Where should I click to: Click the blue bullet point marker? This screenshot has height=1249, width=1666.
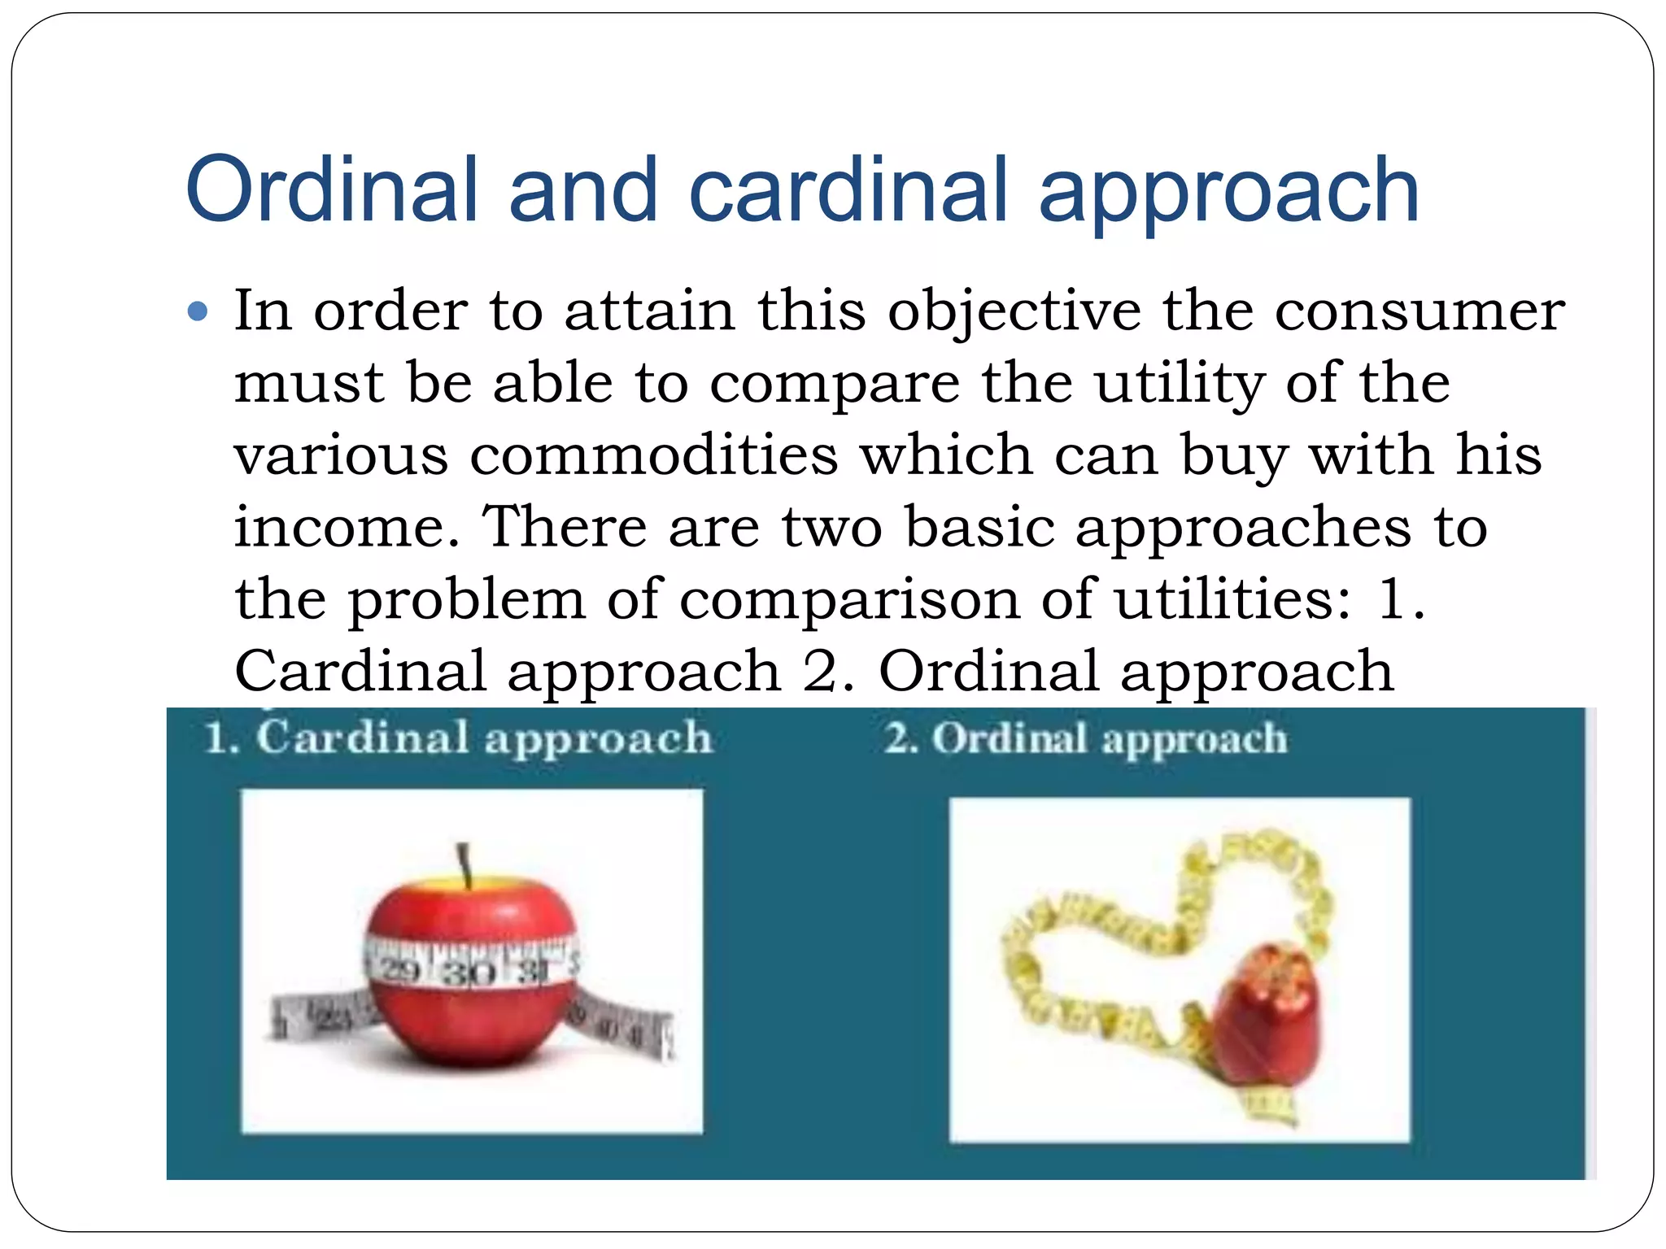(198, 311)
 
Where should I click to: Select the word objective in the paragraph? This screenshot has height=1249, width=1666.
(1014, 311)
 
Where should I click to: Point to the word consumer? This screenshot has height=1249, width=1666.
(1419, 311)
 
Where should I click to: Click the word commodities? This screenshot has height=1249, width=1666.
(653, 455)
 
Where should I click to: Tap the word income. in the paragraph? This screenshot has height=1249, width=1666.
(347, 527)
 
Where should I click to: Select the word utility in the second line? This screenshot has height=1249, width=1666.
(1179, 383)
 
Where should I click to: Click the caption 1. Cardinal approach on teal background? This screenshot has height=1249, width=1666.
(458, 738)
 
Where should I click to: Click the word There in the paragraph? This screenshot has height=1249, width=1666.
(565, 527)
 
